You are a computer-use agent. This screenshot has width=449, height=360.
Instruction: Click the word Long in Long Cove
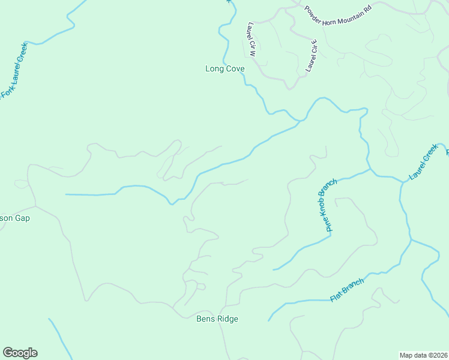pos(215,69)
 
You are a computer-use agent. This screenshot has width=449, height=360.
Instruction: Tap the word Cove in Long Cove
pos(235,69)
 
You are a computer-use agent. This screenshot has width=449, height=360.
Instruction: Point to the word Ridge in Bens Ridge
pos(228,319)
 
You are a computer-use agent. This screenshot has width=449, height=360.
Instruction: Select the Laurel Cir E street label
pos(311,55)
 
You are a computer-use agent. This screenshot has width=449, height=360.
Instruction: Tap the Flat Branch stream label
pos(347,290)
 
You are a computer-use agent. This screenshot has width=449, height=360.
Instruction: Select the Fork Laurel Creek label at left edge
pos(14,69)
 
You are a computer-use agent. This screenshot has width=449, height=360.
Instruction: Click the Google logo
pos(20,353)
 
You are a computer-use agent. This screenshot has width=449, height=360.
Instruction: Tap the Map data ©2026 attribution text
pos(424,355)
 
